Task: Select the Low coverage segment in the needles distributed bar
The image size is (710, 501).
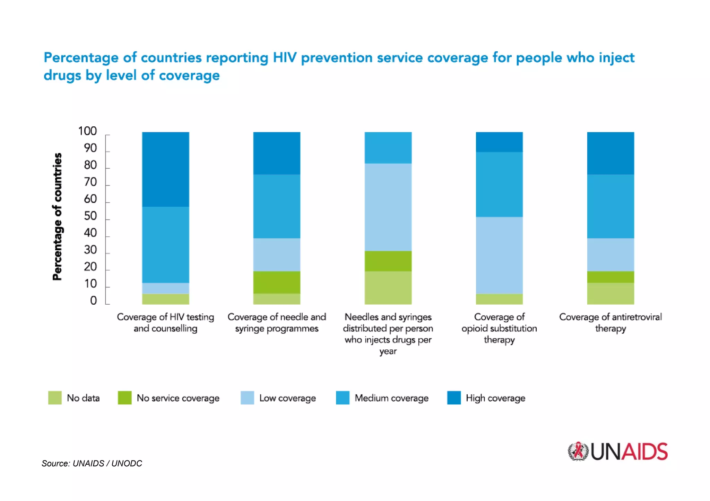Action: point(388,207)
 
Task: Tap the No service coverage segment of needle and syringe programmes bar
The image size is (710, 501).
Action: point(277,282)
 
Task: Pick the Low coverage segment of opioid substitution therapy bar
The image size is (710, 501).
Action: point(499,255)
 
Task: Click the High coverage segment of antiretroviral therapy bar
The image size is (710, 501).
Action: point(611,153)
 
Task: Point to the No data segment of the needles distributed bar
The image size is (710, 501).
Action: point(388,288)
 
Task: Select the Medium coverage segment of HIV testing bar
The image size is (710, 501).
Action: point(165,244)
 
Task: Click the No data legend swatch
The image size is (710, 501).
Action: point(55,398)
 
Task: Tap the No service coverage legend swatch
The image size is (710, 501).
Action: point(124,398)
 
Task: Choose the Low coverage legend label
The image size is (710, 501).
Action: point(287,398)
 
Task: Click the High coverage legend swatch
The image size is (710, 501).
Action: point(454,398)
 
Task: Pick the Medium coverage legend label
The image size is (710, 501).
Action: point(391,398)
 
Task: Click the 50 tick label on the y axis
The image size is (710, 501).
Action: point(90,216)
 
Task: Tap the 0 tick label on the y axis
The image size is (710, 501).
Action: point(93,301)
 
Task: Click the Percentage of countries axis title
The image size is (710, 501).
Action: point(57,216)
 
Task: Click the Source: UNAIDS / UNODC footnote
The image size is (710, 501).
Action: point(92,463)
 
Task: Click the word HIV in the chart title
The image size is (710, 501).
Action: point(284,57)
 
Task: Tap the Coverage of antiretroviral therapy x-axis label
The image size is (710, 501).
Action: point(610,322)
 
